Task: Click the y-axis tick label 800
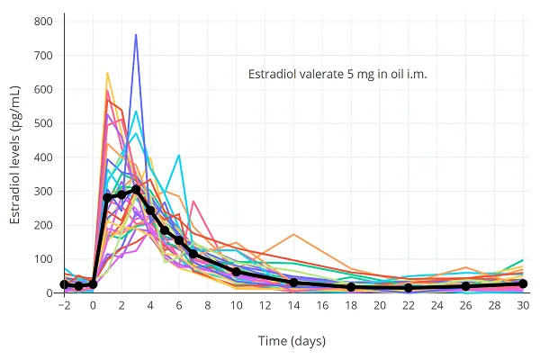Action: pyautogui.click(x=41, y=22)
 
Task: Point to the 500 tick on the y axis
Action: pyautogui.click(x=41, y=123)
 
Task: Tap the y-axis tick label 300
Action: pyautogui.click(x=41, y=192)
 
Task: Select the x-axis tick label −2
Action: pyautogui.click(x=64, y=306)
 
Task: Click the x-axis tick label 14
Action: pyautogui.click(x=293, y=306)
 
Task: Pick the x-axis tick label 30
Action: pyautogui.click(x=523, y=306)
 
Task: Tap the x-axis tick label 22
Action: pyautogui.click(x=409, y=306)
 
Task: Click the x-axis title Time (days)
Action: pyautogui.click(x=293, y=341)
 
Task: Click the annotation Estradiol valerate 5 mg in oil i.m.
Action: pyautogui.click(x=337, y=75)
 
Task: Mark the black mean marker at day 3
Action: pyautogui.click(x=136, y=190)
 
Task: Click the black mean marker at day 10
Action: pyautogui.click(x=237, y=272)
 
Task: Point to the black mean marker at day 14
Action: pyautogui.click(x=293, y=283)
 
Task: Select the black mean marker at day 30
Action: pyautogui.click(x=523, y=283)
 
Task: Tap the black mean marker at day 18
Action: pyautogui.click(x=351, y=287)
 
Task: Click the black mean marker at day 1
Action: pyautogui.click(x=107, y=197)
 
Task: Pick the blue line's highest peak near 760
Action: pyautogui.click(x=136, y=35)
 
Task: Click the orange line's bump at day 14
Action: pyautogui.click(x=293, y=234)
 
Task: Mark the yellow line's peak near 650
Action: pyautogui.click(x=107, y=73)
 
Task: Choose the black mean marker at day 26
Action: pyautogui.click(x=465, y=286)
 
